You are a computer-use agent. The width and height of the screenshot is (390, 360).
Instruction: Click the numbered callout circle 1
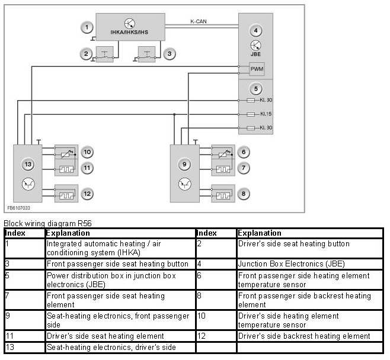pyautogui.click(x=87, y=27)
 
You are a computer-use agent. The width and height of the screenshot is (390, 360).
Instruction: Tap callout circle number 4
pyautogui.click(x=255, y=30)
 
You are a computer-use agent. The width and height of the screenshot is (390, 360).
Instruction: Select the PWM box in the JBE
pyautogui.click(x=257, y=70)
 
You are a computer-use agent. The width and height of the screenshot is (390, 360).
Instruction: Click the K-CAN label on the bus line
pyautogui.click(x=198, y=22)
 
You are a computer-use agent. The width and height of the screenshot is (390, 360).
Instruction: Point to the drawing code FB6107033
pyautogui.click(x=20, y=208)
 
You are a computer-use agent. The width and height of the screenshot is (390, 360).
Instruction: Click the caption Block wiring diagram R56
pyautogui.click(x=48, y=223)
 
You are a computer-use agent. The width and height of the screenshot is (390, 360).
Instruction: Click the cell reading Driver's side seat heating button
pyautogui.click(x=293, y=244)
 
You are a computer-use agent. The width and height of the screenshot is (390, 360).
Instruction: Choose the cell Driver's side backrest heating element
pyautogui.click(x=304, y=336)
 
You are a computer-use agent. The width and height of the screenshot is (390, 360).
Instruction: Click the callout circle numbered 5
pyautogui.click(x=255, y=89)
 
